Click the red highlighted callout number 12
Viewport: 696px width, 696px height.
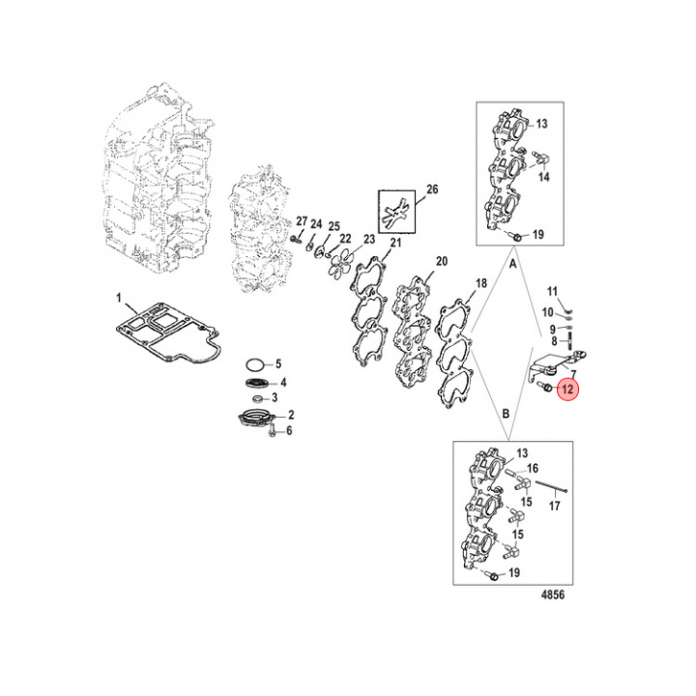click(x=567, y=390)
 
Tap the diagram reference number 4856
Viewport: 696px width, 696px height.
click(x=553, y=594)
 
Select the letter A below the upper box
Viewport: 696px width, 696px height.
click(x=513, y=264)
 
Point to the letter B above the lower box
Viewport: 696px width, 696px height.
click(x=506, y=414)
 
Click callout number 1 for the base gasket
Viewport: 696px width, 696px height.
click(x=119, y=298)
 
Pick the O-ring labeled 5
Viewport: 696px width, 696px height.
click(x=255, y=365)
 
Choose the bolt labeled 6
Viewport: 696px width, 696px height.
click(x=273, y=430)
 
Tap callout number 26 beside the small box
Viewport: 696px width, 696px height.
click(x=432, y=189)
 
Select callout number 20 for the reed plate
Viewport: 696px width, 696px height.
click(x=442, y=261)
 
